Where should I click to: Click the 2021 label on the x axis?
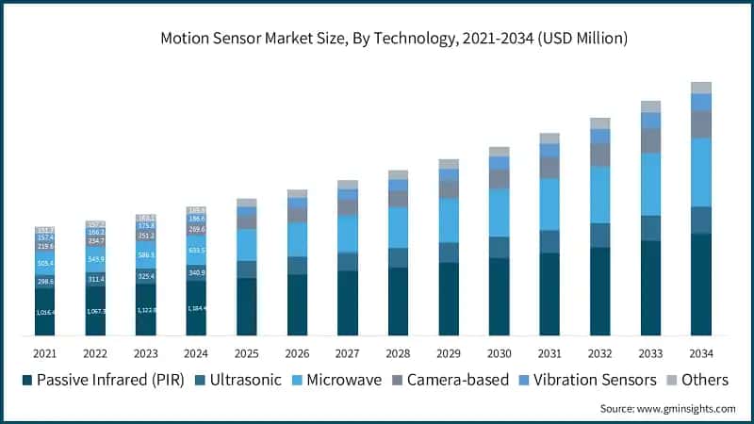click(x=44, y=353)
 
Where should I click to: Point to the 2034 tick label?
click(x=700, y=353)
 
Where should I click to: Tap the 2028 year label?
click(x=398, y=353)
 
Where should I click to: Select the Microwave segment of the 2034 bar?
click(x=700, y=172)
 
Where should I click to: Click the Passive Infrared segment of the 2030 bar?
click(x=499, y=296)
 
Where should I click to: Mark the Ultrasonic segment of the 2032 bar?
click(x=599, y=236)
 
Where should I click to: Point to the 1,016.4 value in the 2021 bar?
click(x=44, y=312)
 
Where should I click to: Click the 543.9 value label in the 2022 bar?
click(x=95, y=258)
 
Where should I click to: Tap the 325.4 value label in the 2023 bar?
click(x=145, y=276)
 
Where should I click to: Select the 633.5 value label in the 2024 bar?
click(x=196, y=251)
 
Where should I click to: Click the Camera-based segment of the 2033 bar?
click(x=650, y=140)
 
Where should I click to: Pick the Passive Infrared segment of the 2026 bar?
click(x=297, y=304)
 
